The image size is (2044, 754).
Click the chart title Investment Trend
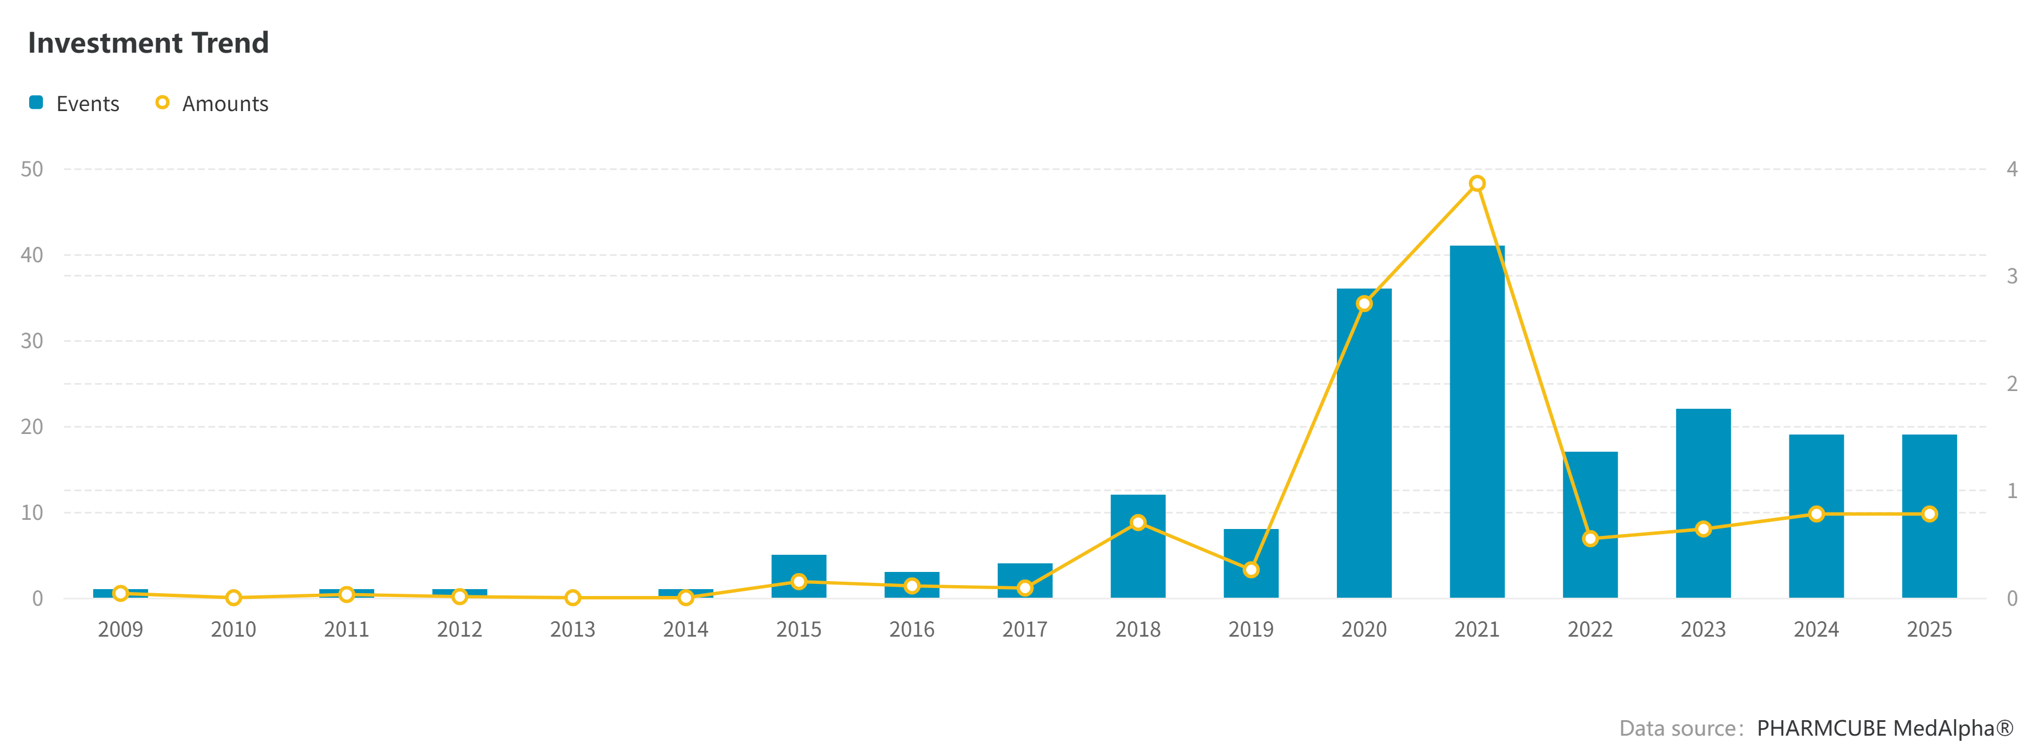point(148,43)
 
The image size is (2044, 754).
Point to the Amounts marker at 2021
point(1477,183)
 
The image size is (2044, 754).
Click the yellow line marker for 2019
point(1251,570)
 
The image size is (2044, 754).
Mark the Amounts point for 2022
point(1590,539)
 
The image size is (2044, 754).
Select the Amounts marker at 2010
point(233,597)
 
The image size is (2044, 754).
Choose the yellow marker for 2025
point(1929,514)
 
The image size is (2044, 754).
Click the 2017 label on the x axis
point(1025,629)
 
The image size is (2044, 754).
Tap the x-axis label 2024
point(1816,629)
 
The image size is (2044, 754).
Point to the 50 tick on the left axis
point(31,169)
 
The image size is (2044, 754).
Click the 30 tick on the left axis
point(31,341)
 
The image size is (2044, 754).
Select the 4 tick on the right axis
point(2011,169)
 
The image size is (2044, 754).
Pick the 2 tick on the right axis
point(2011,384)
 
